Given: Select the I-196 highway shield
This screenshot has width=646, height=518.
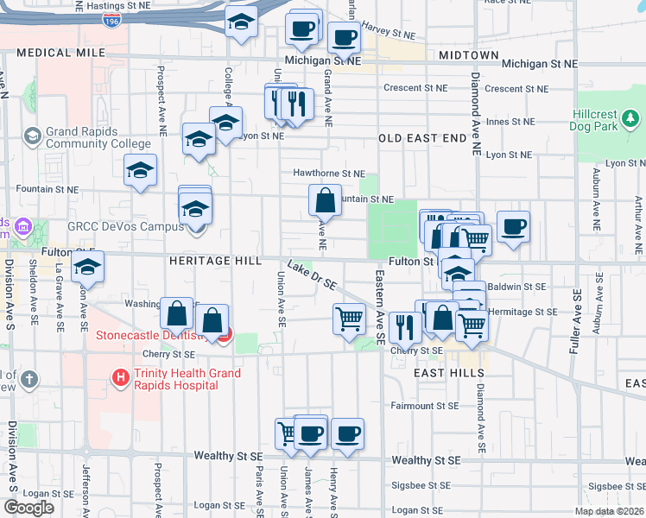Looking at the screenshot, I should [x=111, y=20].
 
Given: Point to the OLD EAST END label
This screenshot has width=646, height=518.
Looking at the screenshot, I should [x=415, y=138].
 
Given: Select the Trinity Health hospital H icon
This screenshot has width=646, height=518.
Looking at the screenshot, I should [x=120, y=376].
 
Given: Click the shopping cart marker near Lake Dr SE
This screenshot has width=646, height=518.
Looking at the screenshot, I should [x=349, y=319].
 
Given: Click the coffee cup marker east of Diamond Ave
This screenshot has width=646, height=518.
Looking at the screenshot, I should [x=513, y=227].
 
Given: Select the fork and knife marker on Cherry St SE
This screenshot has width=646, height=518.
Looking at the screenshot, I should [x=403, y=327].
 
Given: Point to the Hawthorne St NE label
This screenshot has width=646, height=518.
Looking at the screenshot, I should [x=328, y=173].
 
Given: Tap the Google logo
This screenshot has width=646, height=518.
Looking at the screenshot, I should [x=28, y=508].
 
